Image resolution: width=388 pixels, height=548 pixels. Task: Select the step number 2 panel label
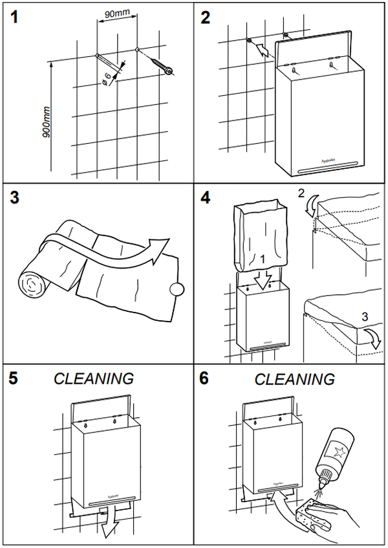pyautogui.click(x=206, y=17)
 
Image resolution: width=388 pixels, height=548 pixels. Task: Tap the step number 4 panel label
pyautogui.click(x=206, y=197)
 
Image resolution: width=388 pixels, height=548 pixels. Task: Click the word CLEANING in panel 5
pyautogui.click(x=94, y=378)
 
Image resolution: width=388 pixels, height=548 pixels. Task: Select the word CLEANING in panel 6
pyautogui.click(x=295, y=378)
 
